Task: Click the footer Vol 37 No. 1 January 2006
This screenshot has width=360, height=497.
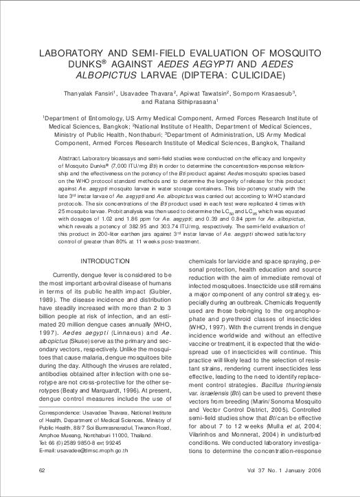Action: [x=283, y=470]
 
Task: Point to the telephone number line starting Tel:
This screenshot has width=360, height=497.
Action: [x=77, y=443]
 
